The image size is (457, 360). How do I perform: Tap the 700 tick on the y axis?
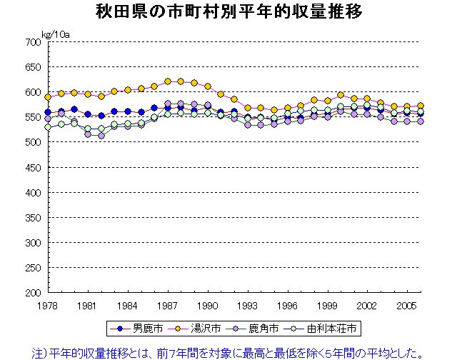(x=33, y=42)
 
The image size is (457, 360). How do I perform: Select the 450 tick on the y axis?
(x=33, y=168)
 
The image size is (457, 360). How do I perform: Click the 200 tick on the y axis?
(x=33, y=293)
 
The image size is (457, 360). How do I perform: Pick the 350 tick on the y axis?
(x=33, y=218)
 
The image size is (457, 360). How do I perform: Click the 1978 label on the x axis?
(x=47, y=304)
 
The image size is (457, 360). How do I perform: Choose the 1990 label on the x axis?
(x=208, y=304)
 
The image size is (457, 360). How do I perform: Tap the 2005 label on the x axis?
(x=408, y=304)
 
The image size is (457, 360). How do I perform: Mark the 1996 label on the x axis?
(x=288, y=304)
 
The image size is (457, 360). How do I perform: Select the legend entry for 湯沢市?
(x=204, y=329)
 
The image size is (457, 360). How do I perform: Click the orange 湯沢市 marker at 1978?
(x=48, y=97)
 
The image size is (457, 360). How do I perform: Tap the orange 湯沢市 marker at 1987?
(x=168, y=81)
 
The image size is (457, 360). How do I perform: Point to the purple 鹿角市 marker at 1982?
(x=101, y=135)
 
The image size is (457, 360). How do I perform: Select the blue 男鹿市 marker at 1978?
(x=48, y=112)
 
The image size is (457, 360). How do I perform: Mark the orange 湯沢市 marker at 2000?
(x=341, y=95)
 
